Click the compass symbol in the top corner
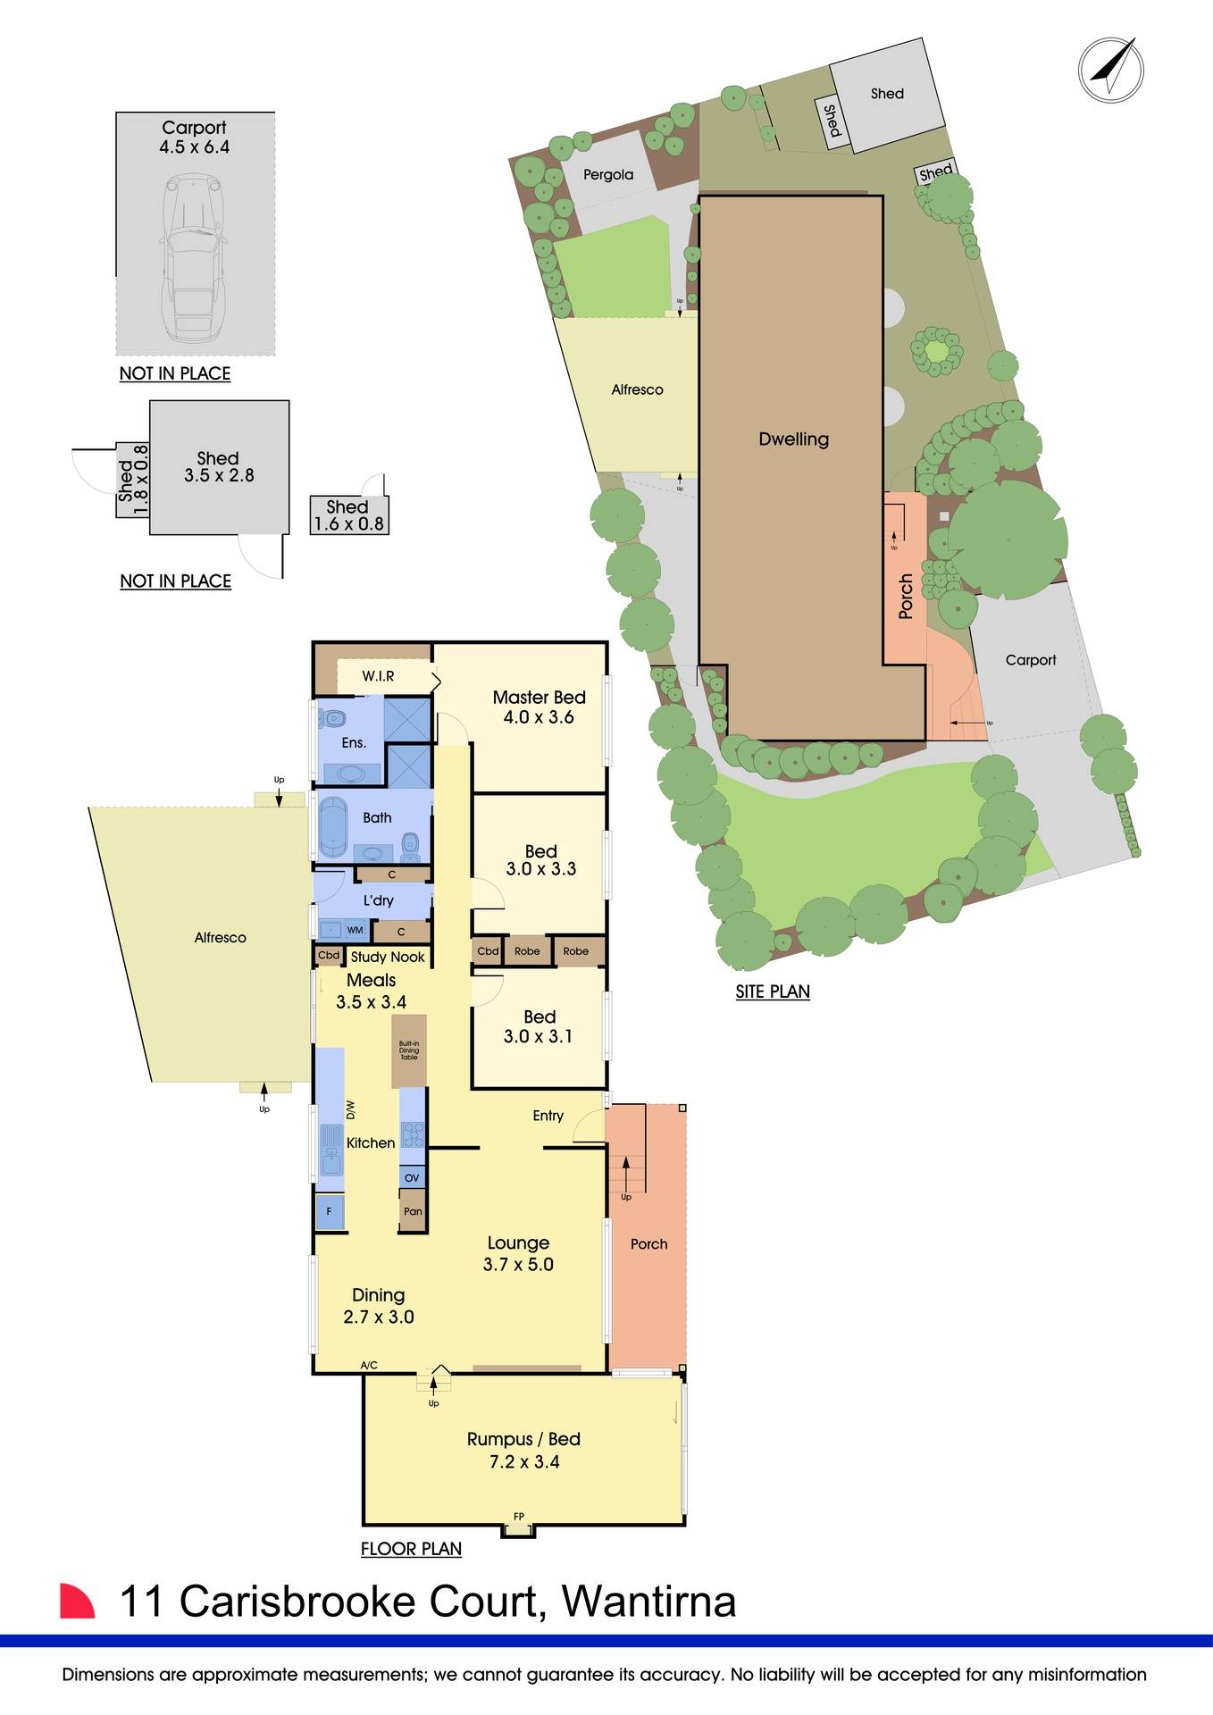(x=1110, y=70)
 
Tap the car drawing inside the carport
(x=193, y=259)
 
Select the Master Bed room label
(x=539, y=698)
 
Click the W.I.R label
(x=378, y=676)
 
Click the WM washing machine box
(x=355, y=930)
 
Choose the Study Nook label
(x=388, y=957)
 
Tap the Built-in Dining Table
(x=409, y=1050)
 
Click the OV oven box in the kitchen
(x=412, y=1178)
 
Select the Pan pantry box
(x=413, y=1212)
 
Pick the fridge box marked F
(x=330, y=1212)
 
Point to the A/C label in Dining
(x=369, y=1365)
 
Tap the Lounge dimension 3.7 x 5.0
(x=518, y=1264)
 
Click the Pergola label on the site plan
(x=608, y=175)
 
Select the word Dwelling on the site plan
(x=793, y=439)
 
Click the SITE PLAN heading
(x=773, y=991)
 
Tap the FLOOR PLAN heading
(x=411, y=1549)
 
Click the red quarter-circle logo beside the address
(x=77, y=1601)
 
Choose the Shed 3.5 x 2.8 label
(x=219, y=467)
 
